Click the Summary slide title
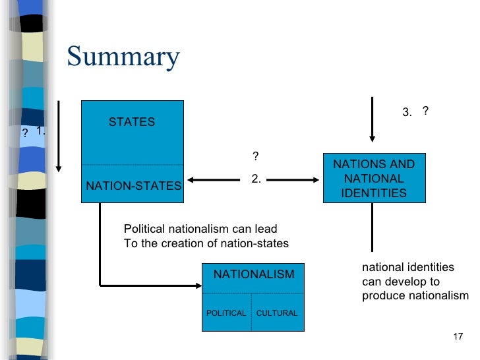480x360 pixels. (x=123, y=57)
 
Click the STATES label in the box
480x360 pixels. (x=132, y=122)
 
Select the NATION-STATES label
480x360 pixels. (x=133, y=186)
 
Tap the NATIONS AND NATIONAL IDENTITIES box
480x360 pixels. (x=374, y=179)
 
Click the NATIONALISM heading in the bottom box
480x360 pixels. (x=254, y=274)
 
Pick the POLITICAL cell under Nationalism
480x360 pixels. (x=226, y=313)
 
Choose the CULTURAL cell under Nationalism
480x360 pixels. (x=276, y=313)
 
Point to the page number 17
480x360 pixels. (x=460, y=338)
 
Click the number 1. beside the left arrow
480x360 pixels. (x=41, y=131)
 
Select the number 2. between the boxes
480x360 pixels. (x=256, y=179)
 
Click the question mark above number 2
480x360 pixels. (x=255, y=156)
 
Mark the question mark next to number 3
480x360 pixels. (x=426, y=111)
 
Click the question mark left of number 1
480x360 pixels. (x=24, y=133)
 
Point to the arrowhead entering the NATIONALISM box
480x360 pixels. (x=199, y=285)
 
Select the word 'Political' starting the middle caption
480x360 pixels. (x=143, y=229)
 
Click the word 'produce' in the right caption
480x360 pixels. (x=381, y=296)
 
